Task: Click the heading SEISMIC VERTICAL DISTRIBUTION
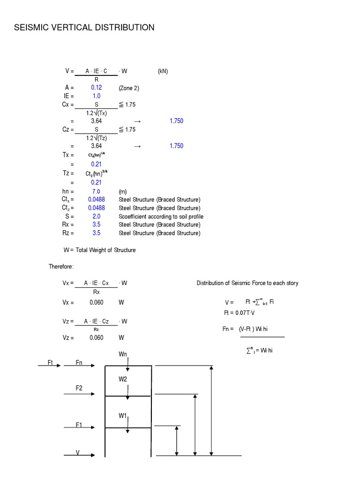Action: click(x=84, y=28)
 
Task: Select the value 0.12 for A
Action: click(x=97, y=88)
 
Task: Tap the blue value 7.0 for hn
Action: click(x=97, y=191)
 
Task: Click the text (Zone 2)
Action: click(x=129, y=88)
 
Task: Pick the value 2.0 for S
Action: click(x=97, y=217)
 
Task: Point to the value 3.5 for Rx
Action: click(x=97, y=225)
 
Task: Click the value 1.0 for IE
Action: click(x=97, y=96)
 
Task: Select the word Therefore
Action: click(x=61, y=267)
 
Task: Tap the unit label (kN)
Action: click(x=163, y=71)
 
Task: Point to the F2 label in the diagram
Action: click(x=79, y=388)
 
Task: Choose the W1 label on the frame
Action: click(x=123, y=416)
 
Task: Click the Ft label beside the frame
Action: click(x=51, y=362)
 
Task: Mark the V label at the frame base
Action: click(x=78, y=452)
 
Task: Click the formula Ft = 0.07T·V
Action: click(x=241, y=313)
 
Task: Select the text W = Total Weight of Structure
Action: click(x=100, y=250)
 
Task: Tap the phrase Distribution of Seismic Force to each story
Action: click(x=247, y=283)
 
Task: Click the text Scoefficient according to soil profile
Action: click(x=161, y=217)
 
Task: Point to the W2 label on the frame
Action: click(x=123, y=379)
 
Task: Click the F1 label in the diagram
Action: click(x=79, y=425)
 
